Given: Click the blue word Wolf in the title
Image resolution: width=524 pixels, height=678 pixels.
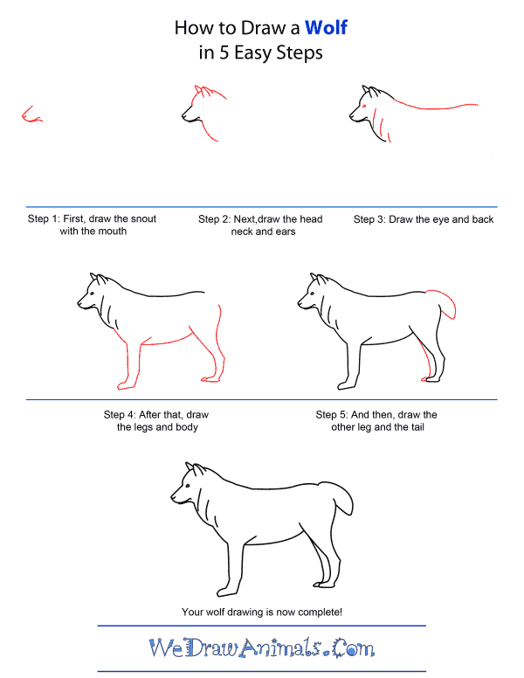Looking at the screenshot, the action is (326, 28).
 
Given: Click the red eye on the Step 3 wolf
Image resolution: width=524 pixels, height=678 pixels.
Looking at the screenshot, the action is (363, 106).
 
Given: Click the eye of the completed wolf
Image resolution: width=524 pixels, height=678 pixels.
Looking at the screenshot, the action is (188, 486).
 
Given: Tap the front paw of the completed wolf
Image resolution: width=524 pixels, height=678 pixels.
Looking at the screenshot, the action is (224, 591).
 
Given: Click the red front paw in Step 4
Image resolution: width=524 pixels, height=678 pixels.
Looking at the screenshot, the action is (126, 384).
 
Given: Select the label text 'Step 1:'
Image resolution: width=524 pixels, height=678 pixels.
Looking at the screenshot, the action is (44, 218).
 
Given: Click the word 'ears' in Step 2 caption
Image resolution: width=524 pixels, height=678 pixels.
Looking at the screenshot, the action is (286, 232).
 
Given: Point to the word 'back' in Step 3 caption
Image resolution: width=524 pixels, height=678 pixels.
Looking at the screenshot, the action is (482, 219).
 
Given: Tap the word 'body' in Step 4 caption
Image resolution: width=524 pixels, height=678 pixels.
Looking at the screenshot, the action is (188, 427).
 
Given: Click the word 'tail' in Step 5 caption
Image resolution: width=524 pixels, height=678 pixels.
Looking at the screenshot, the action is (417, 427).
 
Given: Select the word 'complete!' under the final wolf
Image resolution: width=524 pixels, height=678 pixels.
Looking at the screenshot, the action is (320, 612).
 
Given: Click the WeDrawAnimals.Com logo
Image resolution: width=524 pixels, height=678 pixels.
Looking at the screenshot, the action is (262, 647).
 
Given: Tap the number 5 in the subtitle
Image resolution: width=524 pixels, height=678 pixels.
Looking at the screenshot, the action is (224, 53).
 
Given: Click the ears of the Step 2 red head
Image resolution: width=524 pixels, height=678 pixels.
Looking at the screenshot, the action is (204, 91).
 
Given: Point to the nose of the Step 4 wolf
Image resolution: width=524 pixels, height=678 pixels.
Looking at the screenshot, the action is (79, 302).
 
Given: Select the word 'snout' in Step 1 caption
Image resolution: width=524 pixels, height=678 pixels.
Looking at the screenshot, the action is (143, 218).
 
